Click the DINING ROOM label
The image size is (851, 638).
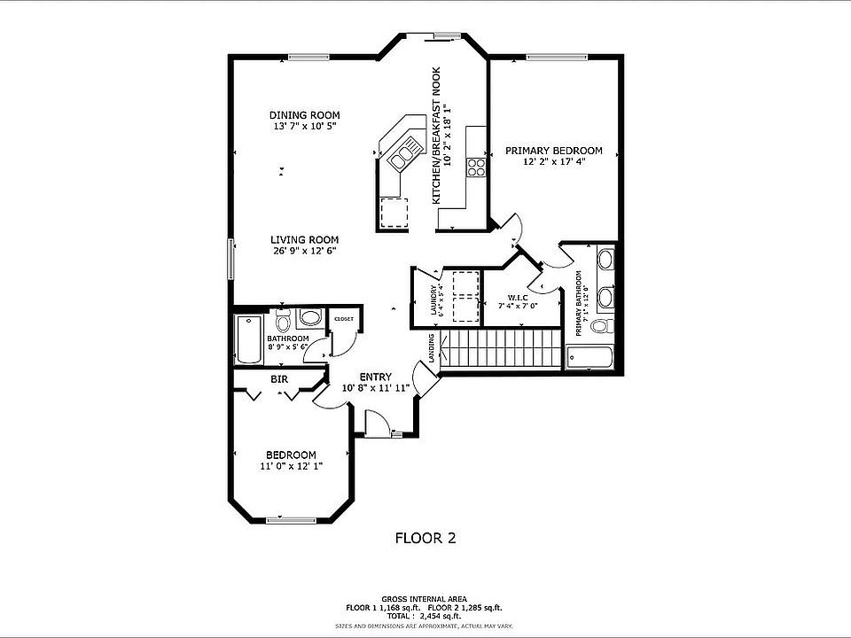(x=304, y=115)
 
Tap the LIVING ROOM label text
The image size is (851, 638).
(x=304, y=239)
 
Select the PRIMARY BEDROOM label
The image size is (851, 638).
(x=553, y=151)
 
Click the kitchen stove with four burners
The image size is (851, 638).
(x=476, y=167)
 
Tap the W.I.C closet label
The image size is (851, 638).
(x=518, y=297)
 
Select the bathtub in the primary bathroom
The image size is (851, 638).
(x=590, y=358)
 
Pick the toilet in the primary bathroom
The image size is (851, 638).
(x=601, y=327)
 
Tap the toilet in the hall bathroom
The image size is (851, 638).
(x=283, y=320)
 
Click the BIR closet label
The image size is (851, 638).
(x=278, y=379)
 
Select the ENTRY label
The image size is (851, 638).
(x=375, y=377)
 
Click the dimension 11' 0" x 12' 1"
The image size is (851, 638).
(x=291, y=466)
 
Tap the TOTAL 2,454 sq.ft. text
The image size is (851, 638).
(x=424, y=615)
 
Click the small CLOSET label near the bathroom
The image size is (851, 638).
(x=343, y=319)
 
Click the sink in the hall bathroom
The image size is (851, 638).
(x=309, y=316)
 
